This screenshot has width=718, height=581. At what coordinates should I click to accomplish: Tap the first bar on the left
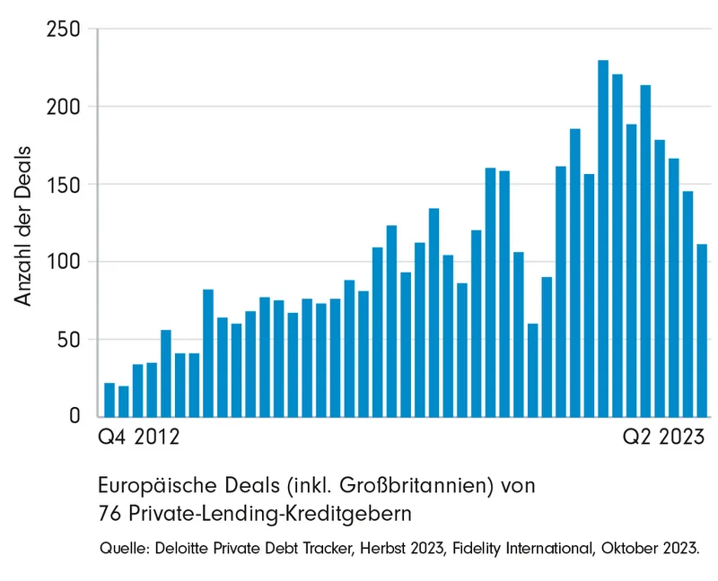pos(109,400)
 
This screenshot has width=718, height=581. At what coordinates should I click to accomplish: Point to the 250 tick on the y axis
pos(64,30)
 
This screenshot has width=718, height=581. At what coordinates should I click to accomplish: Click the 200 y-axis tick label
pos(64,107)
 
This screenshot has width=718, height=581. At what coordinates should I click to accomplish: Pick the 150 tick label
pos(64,185)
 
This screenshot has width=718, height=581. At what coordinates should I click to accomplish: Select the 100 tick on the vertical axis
pos(64,262)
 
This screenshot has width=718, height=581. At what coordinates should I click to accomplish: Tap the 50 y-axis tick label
pos(69,340)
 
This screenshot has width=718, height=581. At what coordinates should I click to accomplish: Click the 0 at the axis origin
pos(75,417)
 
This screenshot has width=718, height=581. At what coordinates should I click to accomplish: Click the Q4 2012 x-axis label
pos(137,439)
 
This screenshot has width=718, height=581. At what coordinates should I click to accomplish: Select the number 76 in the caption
pos(108,514)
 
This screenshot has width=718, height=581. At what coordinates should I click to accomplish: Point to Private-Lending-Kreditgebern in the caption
pos(268,514)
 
